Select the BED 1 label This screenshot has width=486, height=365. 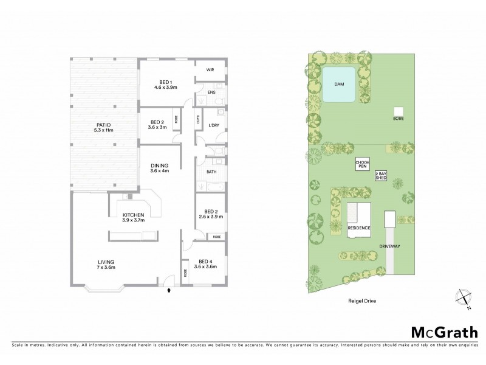166,85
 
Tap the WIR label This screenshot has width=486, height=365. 210,70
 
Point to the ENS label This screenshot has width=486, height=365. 211,92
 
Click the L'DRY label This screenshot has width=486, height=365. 213,125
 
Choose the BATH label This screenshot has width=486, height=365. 211,172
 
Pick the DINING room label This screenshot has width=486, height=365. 160,168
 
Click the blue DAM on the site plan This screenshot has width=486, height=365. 339,84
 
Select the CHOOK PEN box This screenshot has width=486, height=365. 363,165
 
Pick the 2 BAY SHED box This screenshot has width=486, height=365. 381,175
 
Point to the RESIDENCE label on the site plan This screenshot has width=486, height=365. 358,228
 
